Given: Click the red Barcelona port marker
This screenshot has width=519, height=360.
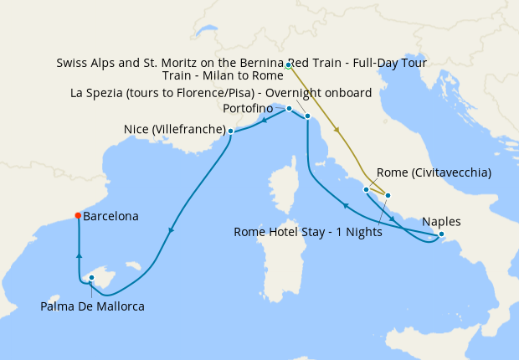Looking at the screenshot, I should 78,215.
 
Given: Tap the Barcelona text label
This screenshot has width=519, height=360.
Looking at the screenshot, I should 111,216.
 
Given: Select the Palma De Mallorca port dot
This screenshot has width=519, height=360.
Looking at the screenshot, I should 92,279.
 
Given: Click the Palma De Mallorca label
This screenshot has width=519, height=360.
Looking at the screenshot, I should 92,307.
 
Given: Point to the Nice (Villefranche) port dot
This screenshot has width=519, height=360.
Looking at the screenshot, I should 230,131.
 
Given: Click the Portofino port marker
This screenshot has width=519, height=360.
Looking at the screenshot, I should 289,109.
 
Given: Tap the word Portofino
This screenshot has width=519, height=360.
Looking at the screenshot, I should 250,109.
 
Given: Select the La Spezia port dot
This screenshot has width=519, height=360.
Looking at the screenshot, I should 308,116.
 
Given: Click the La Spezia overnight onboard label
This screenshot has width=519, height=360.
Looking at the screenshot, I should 222,93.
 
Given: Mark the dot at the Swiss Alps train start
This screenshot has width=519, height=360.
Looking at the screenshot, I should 288,65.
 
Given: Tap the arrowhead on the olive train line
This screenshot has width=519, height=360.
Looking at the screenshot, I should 337,130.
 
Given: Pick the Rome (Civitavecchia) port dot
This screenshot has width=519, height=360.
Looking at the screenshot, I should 366,190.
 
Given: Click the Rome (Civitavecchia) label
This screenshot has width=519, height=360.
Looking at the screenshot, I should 434,172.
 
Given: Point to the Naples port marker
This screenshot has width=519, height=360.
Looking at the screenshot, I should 442,236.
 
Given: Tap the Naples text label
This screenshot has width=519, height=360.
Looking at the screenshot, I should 441,222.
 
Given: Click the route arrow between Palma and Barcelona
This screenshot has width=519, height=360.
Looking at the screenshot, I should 79,258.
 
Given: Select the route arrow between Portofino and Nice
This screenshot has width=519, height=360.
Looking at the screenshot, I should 264,120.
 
